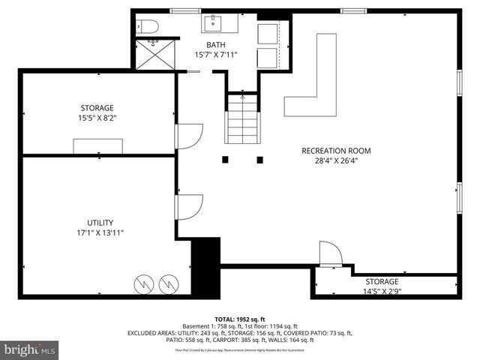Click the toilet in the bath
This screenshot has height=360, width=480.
[x=147, y=26]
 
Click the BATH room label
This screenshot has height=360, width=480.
[x=216, y=44]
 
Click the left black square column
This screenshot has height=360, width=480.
[x=224, y=159]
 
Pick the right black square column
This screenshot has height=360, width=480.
[x=259, y=159]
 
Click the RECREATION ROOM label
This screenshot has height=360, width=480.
[x=336, y=151]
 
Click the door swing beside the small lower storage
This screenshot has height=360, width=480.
[x=330, y=253]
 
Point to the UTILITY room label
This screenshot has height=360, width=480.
[x=100, y=223]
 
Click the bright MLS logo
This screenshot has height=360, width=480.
[x=30, y=349]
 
